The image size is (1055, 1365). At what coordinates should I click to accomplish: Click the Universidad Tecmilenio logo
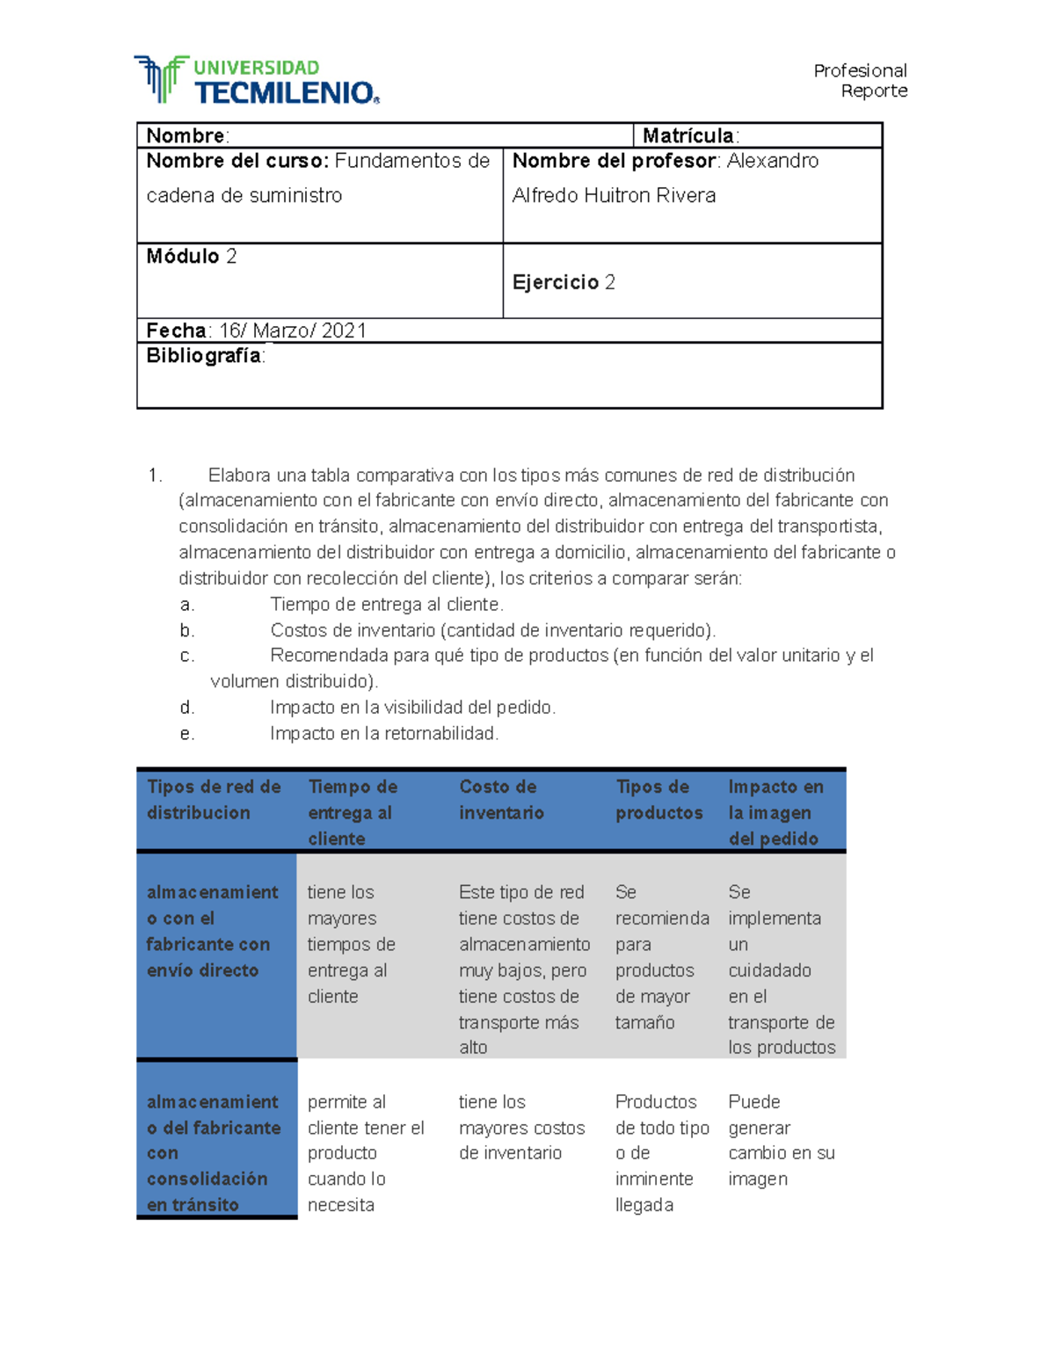pos(257,80)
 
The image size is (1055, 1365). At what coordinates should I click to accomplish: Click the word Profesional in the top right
pos(859,70)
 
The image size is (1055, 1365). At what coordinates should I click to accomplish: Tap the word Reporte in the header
pos(873,91)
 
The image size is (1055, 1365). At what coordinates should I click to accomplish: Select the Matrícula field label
pos(689,135)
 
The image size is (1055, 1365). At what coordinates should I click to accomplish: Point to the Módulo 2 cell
pos(192,257)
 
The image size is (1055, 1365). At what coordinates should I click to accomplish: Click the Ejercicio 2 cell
pos(564,282)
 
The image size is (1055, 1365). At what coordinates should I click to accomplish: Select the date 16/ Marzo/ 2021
pos(292,330)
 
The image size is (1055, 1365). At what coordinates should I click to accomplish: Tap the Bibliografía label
pos(204,355)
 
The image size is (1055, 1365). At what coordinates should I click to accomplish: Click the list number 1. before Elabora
pos(156,476)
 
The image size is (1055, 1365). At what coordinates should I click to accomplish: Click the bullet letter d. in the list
pos(187,708)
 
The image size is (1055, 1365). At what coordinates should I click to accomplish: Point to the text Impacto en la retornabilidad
pos(384,733)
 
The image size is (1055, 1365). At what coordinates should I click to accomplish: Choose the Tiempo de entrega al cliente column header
pos(353,812)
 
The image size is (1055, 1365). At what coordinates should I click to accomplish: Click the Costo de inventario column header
pos(500,800)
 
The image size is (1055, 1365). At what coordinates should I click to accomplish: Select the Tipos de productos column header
pos(658,800)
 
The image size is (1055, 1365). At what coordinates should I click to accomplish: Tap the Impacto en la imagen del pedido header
pos(775,812)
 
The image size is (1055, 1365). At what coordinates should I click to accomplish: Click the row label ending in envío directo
pos(211,931)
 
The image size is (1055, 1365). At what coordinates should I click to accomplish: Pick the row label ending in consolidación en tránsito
pos(213,1152)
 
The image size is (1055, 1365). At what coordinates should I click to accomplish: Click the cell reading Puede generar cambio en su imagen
pos(781,1140)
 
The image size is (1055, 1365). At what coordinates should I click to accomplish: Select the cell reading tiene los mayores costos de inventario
pos(521,1128)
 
